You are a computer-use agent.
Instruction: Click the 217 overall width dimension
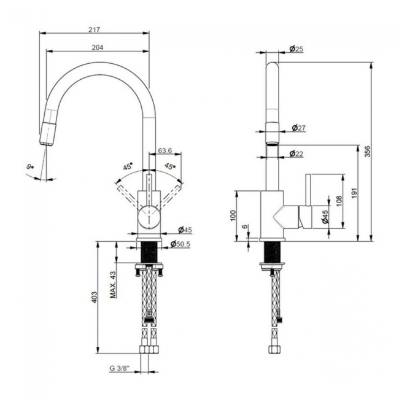tap(94, 29)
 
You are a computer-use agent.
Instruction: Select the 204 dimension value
tap(97, 48)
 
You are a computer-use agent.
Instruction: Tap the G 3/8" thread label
tap(119, 369)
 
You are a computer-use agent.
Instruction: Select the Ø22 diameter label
tap(298, 153)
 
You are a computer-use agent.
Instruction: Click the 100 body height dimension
tap(232, 215)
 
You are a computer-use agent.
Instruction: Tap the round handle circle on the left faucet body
tap(148, 217)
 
